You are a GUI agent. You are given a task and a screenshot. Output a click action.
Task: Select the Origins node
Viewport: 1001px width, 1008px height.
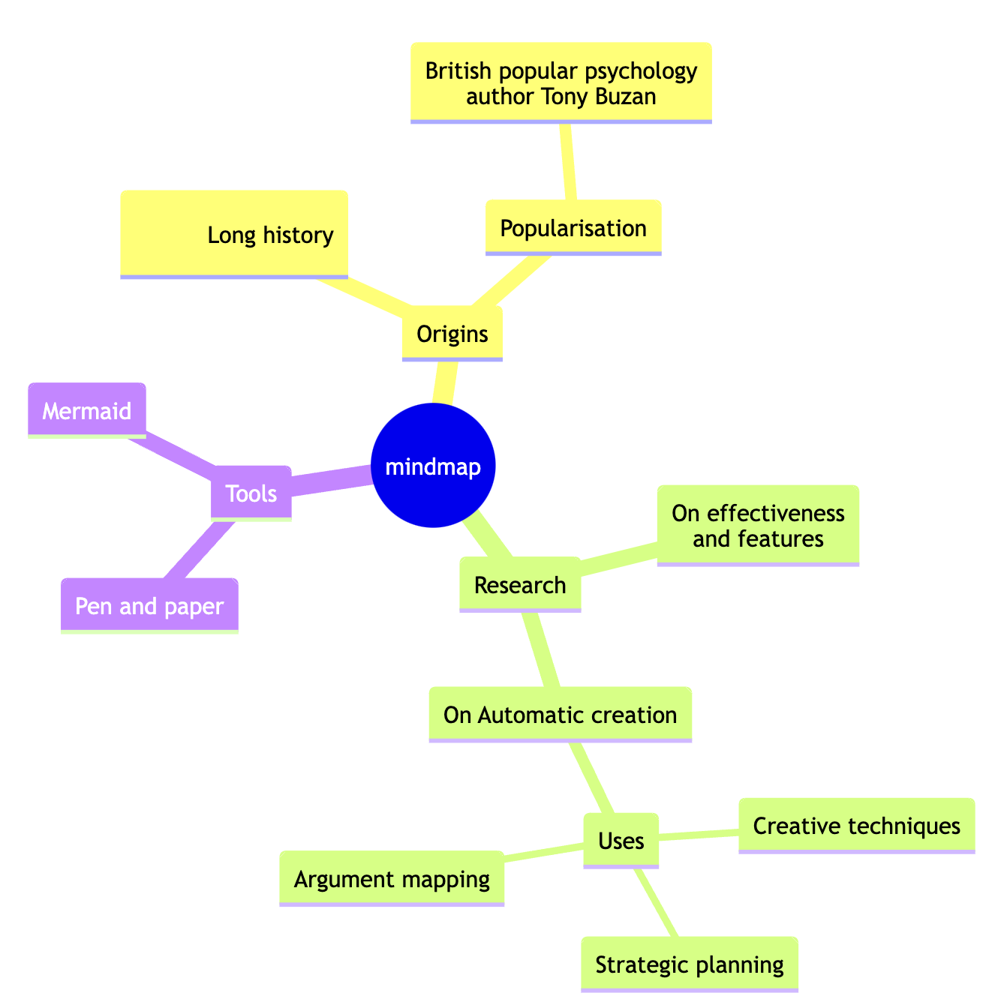pos(452,334)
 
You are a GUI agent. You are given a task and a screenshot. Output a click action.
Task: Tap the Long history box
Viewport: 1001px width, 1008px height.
pos(234,235)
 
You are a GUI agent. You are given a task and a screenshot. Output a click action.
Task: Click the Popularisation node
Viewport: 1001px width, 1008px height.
pos(573,228)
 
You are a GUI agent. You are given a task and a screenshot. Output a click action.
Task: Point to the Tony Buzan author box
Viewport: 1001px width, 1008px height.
pos(561,82)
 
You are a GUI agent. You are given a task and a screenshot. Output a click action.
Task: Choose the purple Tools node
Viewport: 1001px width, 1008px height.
pos(251,493)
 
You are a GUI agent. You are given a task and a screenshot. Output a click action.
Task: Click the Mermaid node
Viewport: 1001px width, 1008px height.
pos(87,411)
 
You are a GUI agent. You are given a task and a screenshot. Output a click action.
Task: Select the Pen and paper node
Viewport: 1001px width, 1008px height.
pos(150,606)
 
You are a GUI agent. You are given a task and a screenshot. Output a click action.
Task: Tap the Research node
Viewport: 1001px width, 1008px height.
pos(520,585)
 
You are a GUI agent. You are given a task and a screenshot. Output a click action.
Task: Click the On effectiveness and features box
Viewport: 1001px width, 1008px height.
pos(758,526)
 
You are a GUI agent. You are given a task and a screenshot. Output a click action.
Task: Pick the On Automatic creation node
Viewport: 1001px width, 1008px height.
pos(560,715)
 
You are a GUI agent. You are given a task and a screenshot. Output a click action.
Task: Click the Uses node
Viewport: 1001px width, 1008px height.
pos(621,841)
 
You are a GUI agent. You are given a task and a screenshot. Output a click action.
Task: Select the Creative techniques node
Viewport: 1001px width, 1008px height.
pos(856,826)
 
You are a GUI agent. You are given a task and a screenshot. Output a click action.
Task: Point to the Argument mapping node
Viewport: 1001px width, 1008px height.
pos(392,879)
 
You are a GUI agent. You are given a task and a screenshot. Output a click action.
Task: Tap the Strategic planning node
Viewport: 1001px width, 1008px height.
pos(689,964)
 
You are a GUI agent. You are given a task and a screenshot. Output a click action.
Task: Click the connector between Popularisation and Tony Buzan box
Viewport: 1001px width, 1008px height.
pos(569,161)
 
